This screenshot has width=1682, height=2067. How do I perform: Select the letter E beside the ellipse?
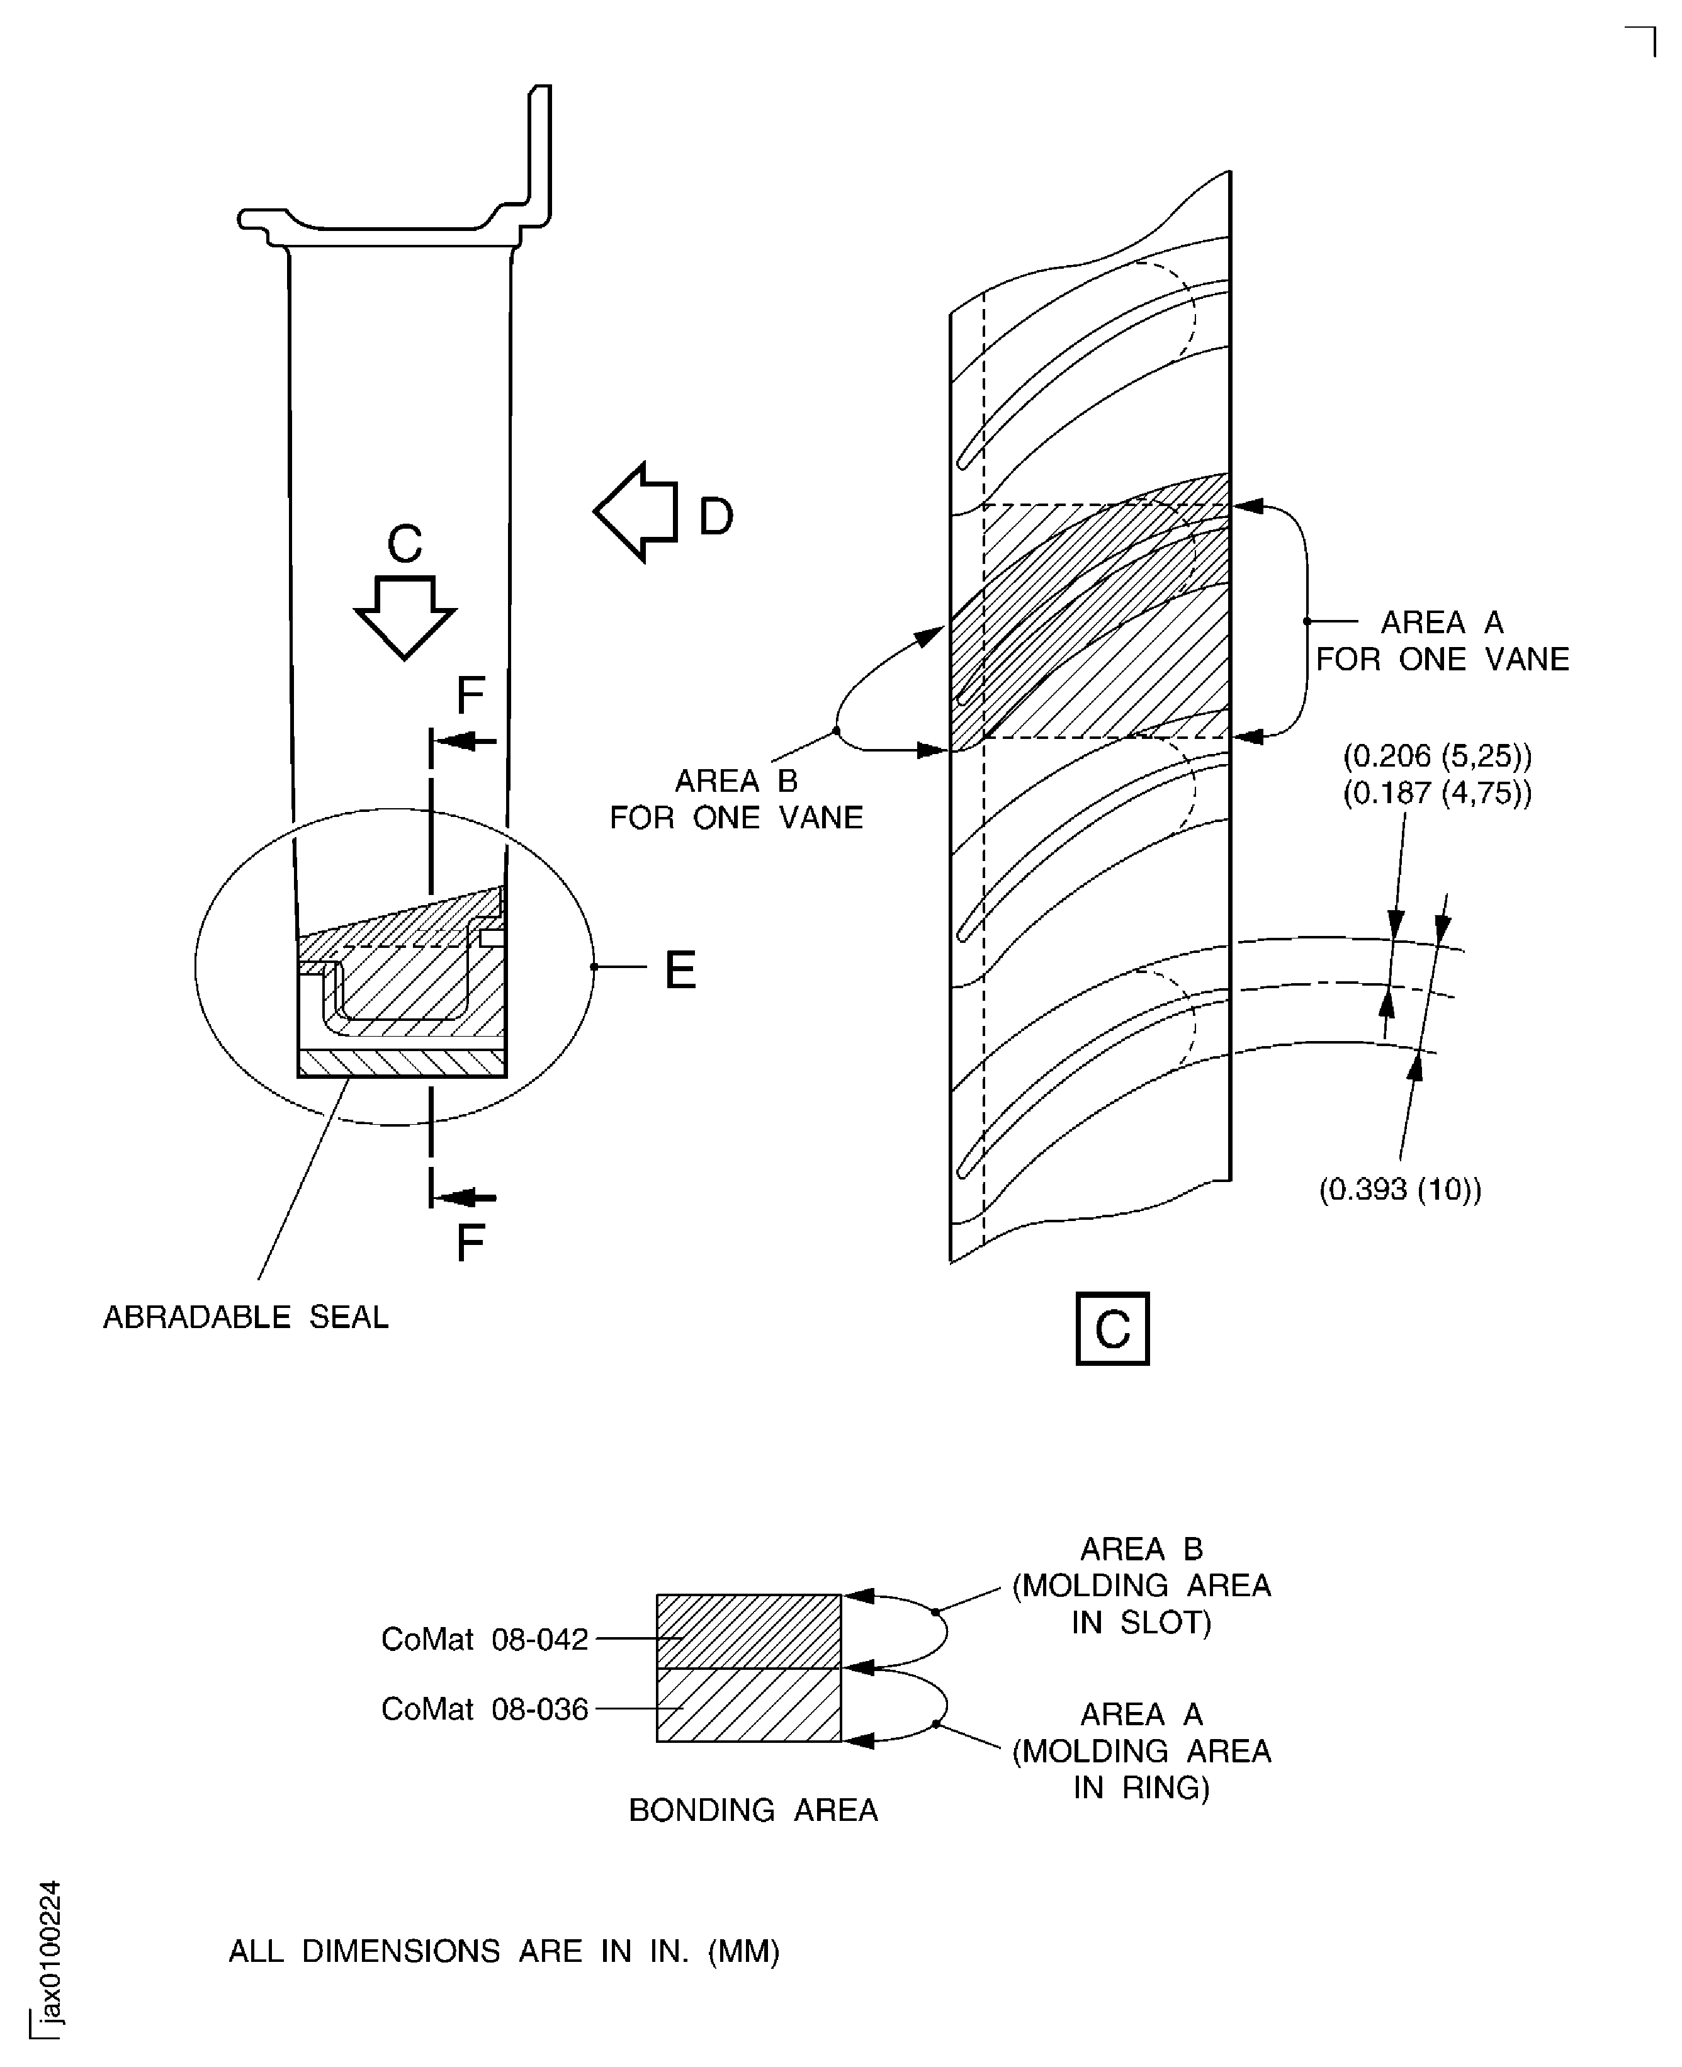point(679,969)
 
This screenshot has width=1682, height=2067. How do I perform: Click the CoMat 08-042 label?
point(485,1639)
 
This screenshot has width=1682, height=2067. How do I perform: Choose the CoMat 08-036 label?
point(485,1709)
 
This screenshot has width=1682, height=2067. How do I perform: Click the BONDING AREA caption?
point(753,1810)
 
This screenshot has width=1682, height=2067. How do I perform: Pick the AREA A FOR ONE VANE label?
point(1441,640)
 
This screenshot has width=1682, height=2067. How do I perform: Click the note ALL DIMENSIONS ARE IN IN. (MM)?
point(504,1951)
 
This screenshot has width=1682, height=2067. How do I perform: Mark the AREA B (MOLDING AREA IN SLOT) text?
point(1141,1585)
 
